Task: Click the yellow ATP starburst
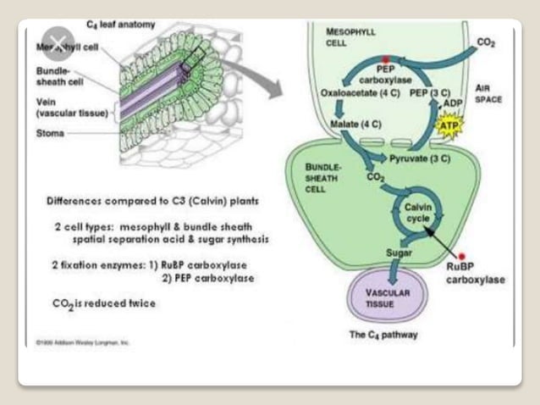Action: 448,126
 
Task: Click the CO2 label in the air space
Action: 486,42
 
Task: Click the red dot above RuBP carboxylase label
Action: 462,255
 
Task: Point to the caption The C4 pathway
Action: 383,335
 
